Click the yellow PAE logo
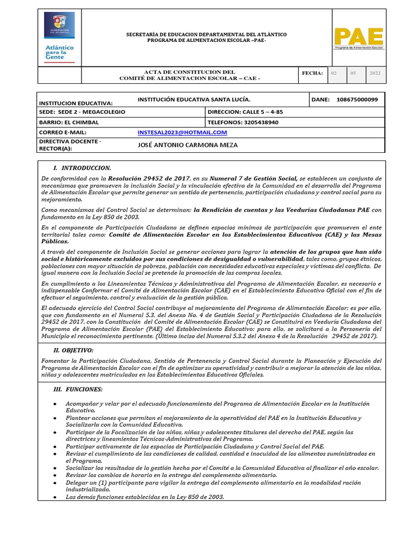click(x=358, y=38)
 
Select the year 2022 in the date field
click(x=375, y=73)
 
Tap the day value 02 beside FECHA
click(x=334, y=73)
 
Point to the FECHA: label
click(x=313, y=73)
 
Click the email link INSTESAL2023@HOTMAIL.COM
click(x=182, y=132)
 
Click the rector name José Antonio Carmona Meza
click(x=188, y=145)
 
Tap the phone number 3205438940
click(x=243, y=122)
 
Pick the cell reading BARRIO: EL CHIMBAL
click(x=69, y=122)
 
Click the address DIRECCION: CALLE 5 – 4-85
click(x=245, y=112)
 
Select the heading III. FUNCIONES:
click(x=78, y=389)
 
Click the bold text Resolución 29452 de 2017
click(x=148, y=178)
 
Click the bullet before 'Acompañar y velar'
click(x=55, y=404)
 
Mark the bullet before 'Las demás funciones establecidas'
click(x=55, y=497)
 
